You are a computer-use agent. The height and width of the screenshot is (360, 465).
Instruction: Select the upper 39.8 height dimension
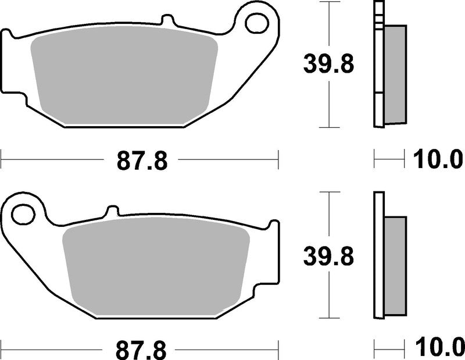coord(328,64)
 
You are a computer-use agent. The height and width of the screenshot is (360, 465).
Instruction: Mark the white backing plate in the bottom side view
coord(379,256)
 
